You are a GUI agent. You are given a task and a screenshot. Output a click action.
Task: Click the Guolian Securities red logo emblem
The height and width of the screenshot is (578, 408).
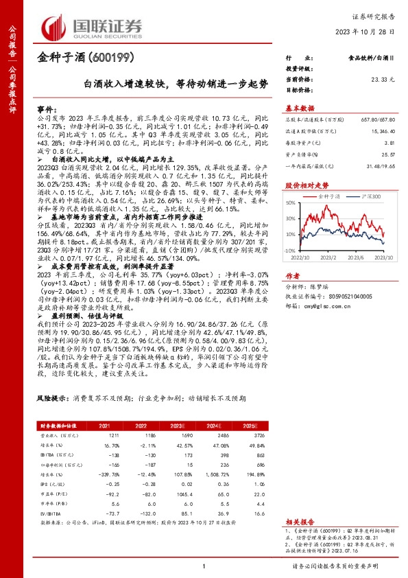[56, 27]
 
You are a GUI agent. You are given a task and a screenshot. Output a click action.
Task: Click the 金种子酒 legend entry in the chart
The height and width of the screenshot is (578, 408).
[329, 196]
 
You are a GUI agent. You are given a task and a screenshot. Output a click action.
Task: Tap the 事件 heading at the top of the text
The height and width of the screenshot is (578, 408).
[45, 109]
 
